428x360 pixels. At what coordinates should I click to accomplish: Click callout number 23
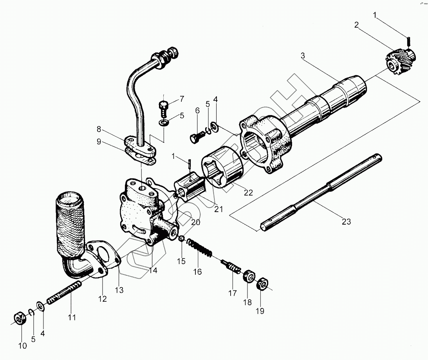pos(346,222)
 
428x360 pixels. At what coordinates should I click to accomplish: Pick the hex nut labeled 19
pos(263,284)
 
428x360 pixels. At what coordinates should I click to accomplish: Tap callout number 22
pos(248,192)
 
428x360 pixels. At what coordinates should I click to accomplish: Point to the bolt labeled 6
pos(196,137)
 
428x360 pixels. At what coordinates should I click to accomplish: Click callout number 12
pos(102,299)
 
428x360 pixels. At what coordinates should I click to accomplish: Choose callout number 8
pos(99,129)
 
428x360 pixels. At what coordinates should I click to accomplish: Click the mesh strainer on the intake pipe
pos(70,223)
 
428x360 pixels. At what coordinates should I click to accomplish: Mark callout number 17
pos(233,293)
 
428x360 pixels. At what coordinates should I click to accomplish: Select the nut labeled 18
pos(248,277)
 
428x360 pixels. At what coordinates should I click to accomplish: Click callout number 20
pos(195,222)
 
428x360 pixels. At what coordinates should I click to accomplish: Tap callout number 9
pos(99,141)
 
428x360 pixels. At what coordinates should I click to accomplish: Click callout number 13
pos(119,290)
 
